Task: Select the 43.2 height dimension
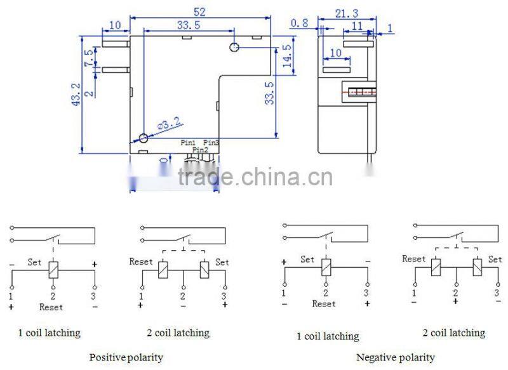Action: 76,93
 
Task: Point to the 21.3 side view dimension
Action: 345,12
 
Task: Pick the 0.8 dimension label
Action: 299,23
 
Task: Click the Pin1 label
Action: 189,143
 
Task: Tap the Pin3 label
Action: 211,143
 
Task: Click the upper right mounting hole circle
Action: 234,47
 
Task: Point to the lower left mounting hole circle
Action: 144,138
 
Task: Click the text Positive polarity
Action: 126,357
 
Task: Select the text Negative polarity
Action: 396,358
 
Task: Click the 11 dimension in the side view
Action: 358,25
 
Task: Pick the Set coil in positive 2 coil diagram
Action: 203,269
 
